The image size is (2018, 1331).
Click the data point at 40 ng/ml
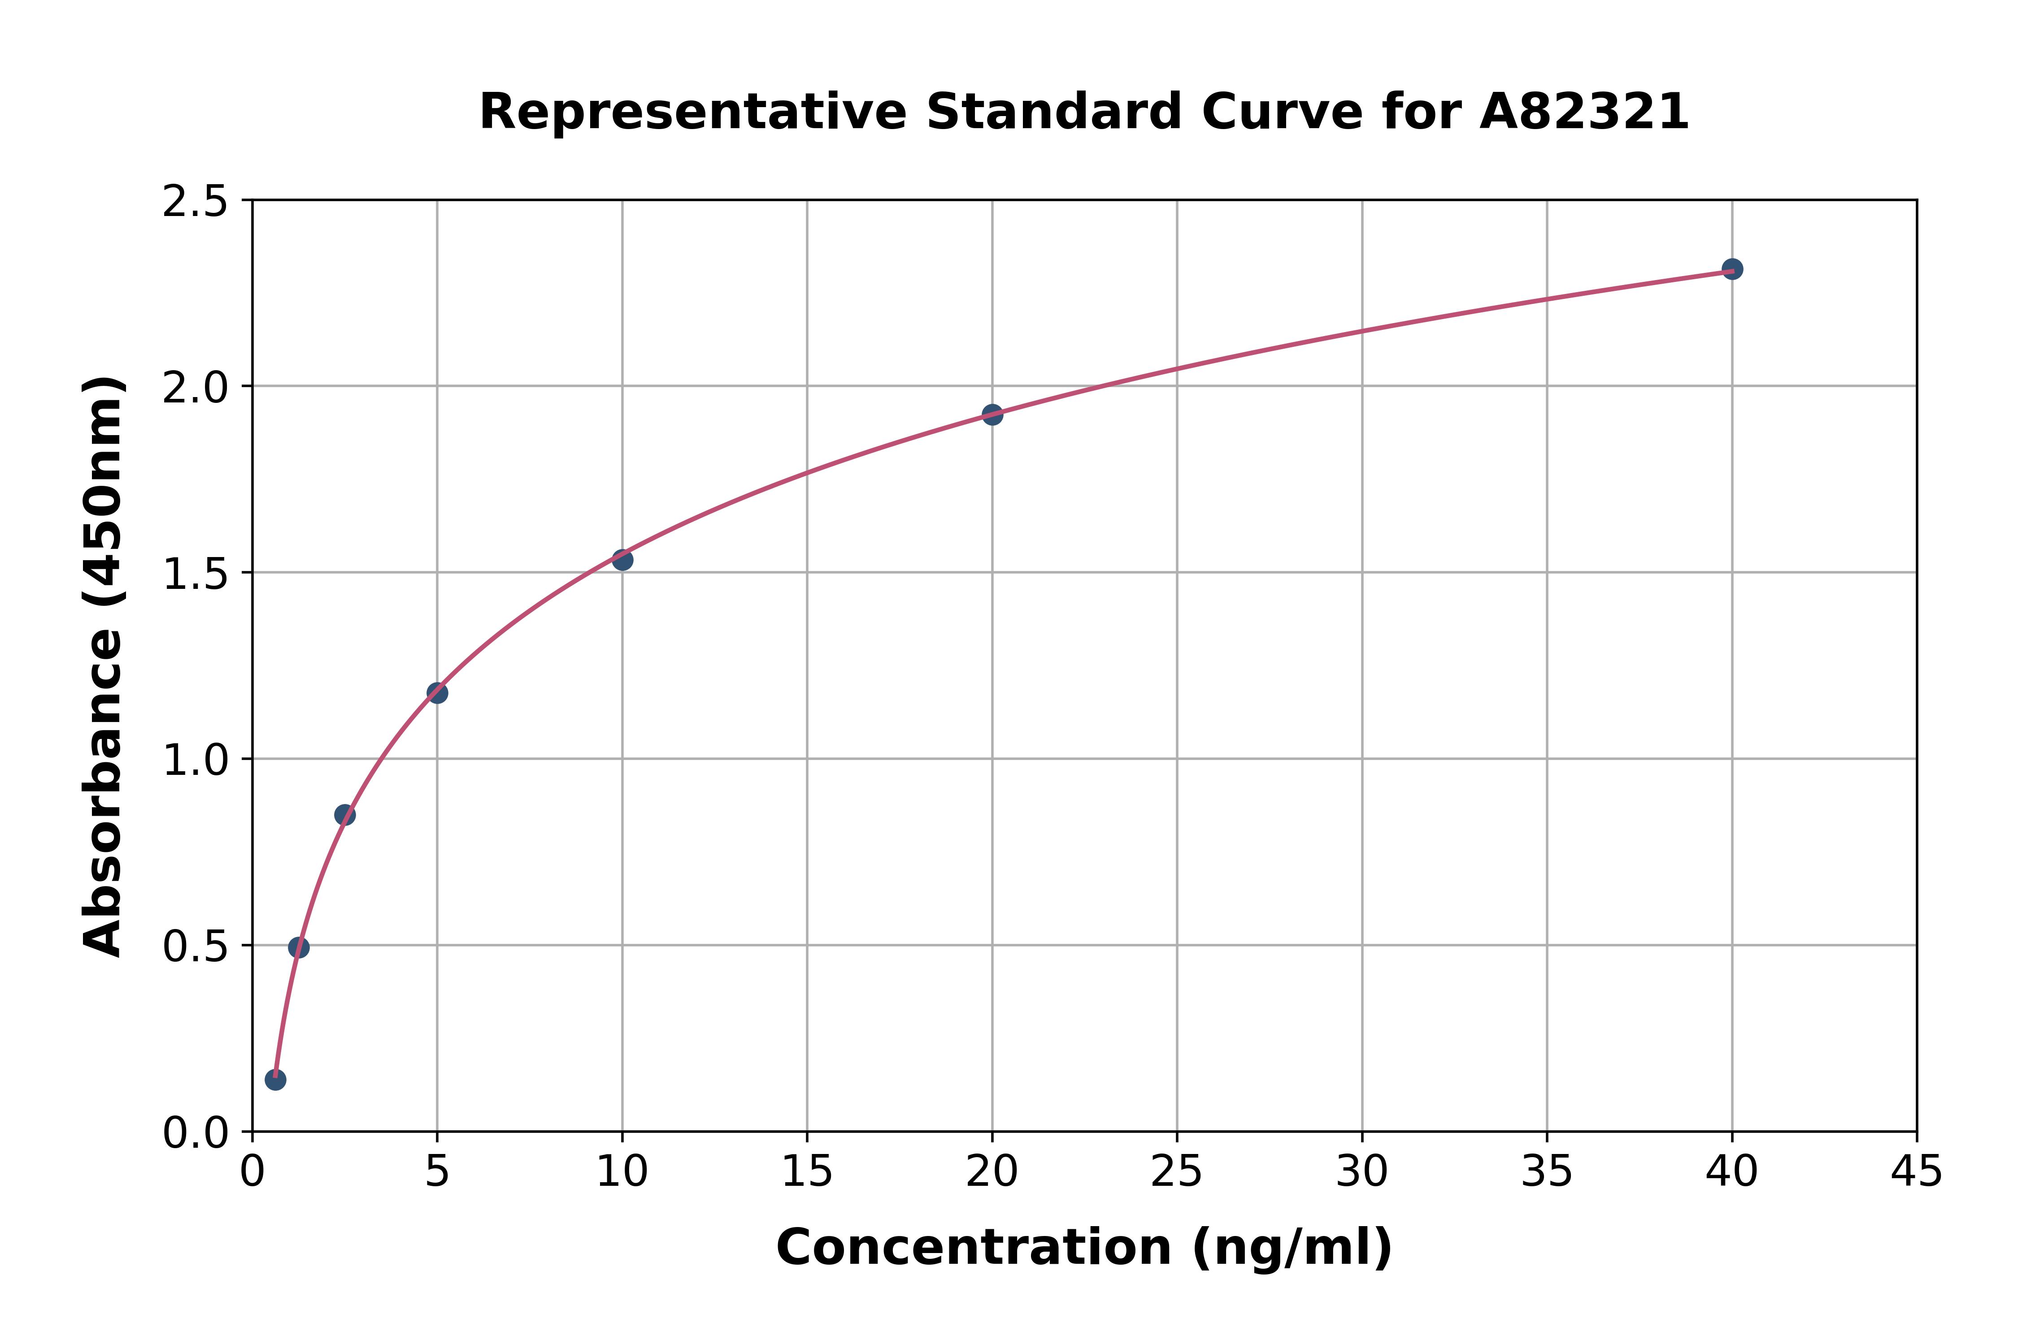click(x=1732, y=269)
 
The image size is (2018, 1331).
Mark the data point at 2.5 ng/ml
click(x=345, y=815)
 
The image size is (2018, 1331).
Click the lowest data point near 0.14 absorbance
click(x=275, y=1080)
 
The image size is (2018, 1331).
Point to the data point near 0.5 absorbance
click(x=299, y=947)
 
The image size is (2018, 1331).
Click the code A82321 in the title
click(x=1584, y=112)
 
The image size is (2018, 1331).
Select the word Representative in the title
click(x=693, y=112)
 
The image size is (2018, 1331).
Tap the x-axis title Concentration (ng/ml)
click(x=1084, y=1248)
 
